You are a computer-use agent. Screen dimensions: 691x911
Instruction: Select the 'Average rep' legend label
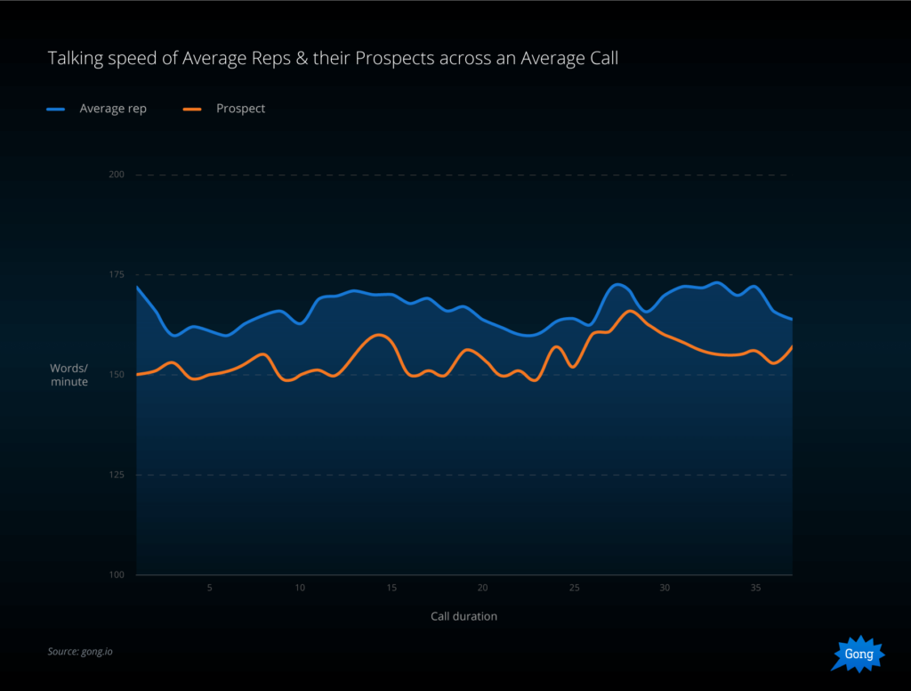(x=113, y=109)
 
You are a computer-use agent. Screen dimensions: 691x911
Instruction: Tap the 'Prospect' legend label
(x=240, y=109)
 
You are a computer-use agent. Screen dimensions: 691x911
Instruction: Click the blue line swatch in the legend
(x=56, y=109)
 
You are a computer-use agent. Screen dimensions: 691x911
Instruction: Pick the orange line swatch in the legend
(x=192, y=109)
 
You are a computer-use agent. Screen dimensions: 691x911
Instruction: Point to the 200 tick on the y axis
(x=117, y=175)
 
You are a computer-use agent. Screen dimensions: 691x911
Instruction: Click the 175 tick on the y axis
(x=117, y=274)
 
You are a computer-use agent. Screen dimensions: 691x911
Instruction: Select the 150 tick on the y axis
(x=117, y=375)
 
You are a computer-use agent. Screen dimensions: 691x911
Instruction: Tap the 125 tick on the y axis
(x=117, y=475)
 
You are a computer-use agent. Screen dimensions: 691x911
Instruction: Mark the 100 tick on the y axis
(x=117, y=574)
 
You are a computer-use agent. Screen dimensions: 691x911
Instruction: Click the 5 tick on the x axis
(x=209, y=589)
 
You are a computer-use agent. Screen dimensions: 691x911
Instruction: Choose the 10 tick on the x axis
(x=300, y=589)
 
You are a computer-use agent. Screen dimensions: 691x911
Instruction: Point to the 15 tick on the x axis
(x=391, y=589)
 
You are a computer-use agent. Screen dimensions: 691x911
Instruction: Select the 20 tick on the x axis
(x=482, y=589)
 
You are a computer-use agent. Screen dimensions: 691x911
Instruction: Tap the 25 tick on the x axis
(x=574, y=589)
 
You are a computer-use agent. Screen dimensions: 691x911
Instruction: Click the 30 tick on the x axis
(x=665, y=589)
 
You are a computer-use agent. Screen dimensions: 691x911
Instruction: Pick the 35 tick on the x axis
(x=755, y=589)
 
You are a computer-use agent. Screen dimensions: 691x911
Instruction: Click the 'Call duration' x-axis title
(x=464, y=616)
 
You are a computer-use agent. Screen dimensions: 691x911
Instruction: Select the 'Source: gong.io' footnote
(x=80, y=652)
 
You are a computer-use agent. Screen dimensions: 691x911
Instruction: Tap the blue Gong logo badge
(x=859, y=654)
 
